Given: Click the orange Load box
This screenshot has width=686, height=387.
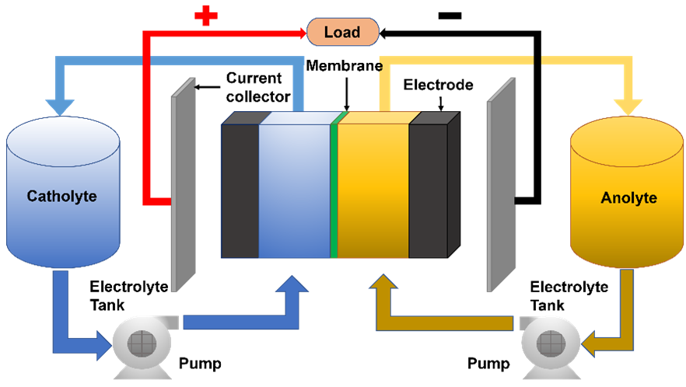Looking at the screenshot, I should (342, 32).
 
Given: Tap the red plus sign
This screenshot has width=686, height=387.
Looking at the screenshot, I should (205, 16).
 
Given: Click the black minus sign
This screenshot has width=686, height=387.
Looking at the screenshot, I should (450, 16).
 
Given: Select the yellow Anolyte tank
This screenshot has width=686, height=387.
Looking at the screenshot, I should (628, 198).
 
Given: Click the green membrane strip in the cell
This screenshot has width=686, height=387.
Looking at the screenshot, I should (334, 187).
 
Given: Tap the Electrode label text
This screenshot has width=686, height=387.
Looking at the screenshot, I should (438, 85).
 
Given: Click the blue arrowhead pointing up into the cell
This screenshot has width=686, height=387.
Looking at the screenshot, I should (296, 285).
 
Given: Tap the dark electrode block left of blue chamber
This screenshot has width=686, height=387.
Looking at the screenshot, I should (240, 190).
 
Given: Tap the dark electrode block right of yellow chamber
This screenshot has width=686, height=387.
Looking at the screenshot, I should (429, 190).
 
